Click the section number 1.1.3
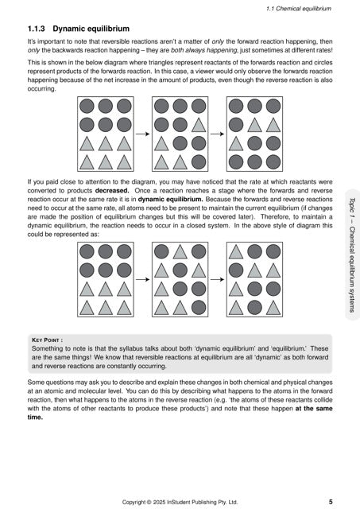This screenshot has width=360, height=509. (37, 28)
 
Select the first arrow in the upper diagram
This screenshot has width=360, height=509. (142, 133)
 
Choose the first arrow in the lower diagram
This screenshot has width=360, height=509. (142, 279)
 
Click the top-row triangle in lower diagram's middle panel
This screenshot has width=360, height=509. (180, 252)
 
